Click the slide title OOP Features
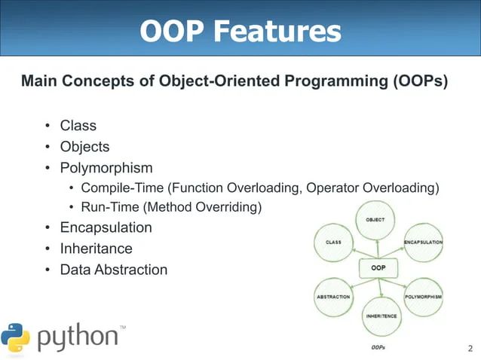click(240, 31)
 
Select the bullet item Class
click(78, 126)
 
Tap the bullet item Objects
click(84, 147)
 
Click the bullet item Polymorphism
click(106, 168)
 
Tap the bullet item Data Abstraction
click(114, 270)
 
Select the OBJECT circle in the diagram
click(375, 220)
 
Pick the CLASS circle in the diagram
click(333, 243)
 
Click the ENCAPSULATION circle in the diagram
click(423, 243)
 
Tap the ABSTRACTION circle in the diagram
click(332, 297)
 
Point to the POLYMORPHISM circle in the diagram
click(423, 297)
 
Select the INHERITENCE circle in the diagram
click(381, 316)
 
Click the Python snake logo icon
click(16, 337)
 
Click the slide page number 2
click(470, 348)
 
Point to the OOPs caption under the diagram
click(379, 348)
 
